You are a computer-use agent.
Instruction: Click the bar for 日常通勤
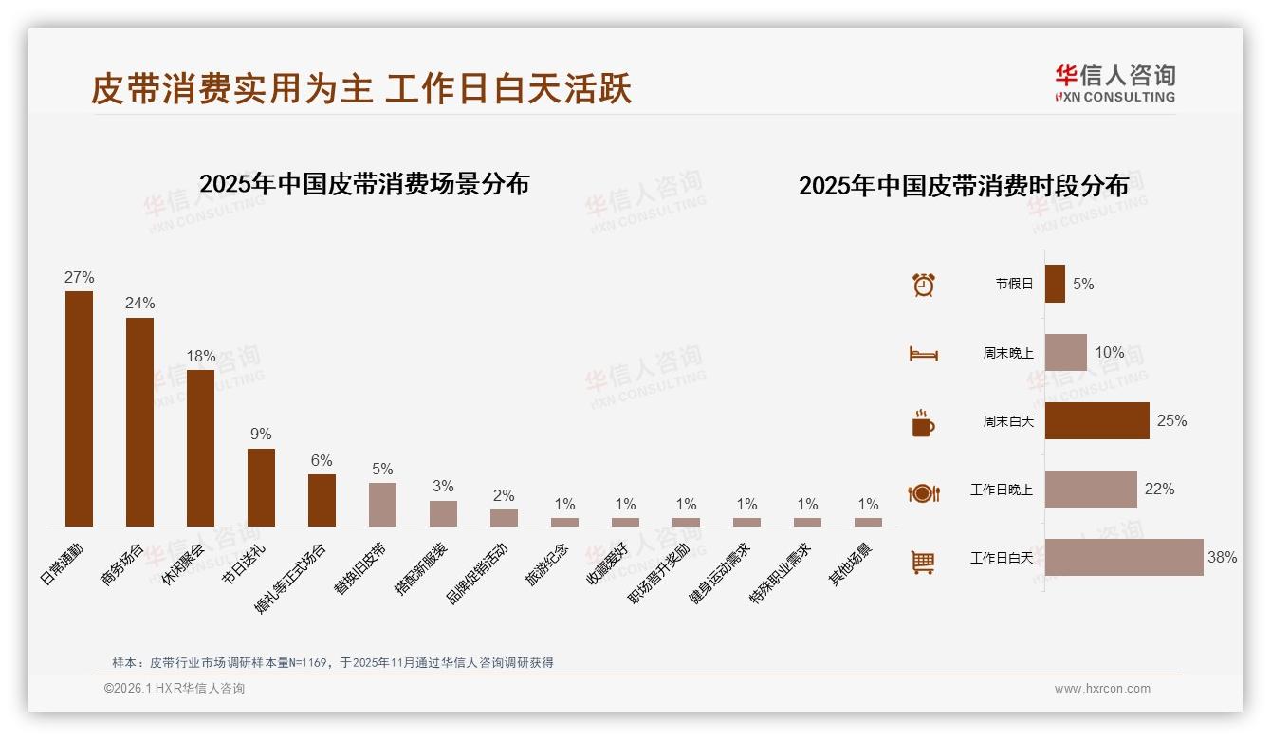(x=79, y=408)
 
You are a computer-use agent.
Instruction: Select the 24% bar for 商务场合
(x=139, y=421)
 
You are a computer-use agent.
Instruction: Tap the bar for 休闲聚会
(x=200, y=448)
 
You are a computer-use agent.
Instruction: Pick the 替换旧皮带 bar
(x=382, y=504)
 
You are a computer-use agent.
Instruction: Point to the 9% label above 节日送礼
(x=261, y=435)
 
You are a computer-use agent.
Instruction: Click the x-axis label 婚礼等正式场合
(x=292, y=578)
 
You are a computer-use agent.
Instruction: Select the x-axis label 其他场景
(x=853, y=564)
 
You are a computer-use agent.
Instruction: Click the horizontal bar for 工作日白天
(x=1124, y=558)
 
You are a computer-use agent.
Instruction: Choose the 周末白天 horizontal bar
(x=1096, y=420)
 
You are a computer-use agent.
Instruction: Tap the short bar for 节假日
(x=1055, y=284)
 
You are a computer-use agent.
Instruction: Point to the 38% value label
(x=1222, y=558)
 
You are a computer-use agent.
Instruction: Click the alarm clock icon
(x=924, y=284)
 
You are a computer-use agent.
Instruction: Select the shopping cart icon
(x=923, y=562)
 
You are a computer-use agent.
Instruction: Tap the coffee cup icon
(x=923, y=423)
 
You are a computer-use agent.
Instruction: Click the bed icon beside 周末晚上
(x=923, y=354)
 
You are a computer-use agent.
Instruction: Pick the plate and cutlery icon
(x=923, y=492)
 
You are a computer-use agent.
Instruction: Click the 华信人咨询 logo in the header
(x=1114, y=83)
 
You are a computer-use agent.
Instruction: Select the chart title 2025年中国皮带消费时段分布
(x=964, y=186)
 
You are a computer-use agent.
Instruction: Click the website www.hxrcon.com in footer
(x=1102, y=689)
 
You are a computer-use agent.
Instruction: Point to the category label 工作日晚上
(x=1001, y=490)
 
